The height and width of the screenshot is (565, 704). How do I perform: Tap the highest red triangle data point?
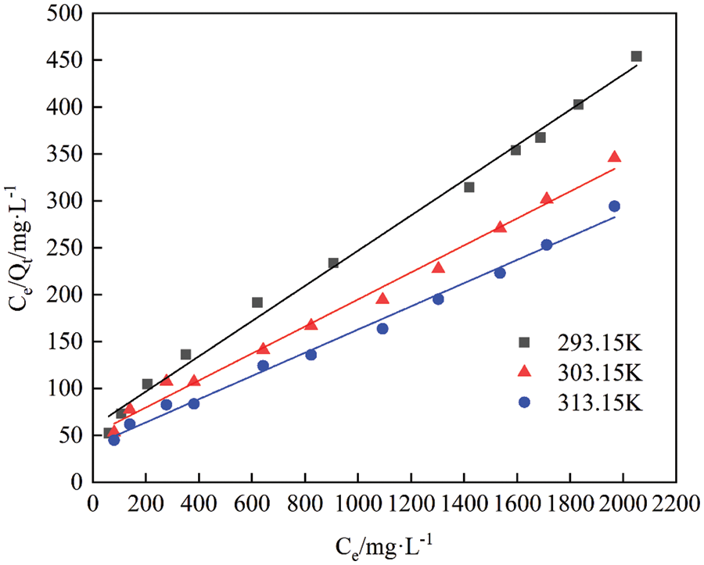614,157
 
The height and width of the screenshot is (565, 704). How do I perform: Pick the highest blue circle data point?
614,206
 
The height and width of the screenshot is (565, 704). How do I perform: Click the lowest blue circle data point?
114,440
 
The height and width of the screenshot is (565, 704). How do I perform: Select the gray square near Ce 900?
333,263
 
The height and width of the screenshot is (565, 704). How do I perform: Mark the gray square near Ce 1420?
469,187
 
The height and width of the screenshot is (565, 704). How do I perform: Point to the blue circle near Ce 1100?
383,329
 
